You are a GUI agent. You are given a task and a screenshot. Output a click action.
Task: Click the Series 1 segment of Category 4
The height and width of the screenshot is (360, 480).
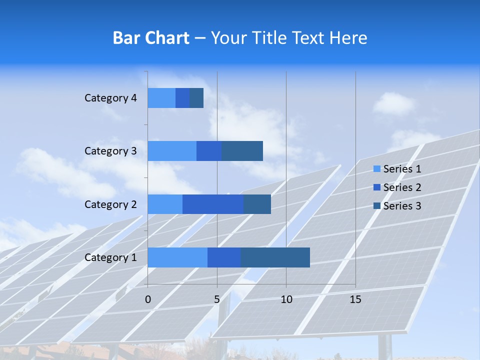[x=161, y=98]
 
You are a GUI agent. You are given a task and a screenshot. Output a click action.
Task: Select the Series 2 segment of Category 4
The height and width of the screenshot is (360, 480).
[x=182, y=98]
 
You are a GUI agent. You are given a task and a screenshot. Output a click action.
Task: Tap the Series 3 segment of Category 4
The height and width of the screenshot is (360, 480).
[x=196, y=98]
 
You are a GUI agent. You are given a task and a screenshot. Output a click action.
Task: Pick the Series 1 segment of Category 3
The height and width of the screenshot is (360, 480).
[x=172, y=151]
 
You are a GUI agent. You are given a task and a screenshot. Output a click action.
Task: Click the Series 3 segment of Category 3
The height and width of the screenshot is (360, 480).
[x=242, y=151]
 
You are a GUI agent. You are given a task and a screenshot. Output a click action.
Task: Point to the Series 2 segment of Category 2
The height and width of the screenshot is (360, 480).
[x=213, y=204]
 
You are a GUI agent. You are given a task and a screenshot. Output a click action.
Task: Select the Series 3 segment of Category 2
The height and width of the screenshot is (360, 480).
[x=257, y=204]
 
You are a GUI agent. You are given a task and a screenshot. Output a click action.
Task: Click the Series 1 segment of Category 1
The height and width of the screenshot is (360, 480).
[x=177, y=257]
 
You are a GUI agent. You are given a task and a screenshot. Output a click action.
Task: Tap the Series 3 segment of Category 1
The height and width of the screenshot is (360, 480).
[x=275, y=257]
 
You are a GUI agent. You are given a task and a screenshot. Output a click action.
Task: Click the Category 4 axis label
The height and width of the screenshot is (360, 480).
[x=110, y=98]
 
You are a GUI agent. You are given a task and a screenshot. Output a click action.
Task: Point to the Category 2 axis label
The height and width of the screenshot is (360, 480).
[x=110, y=204]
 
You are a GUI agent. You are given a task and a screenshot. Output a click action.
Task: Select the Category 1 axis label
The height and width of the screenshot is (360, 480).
[x=110, y=257]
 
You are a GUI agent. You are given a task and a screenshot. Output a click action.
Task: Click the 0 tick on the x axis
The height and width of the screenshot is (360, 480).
[x=147, y=299]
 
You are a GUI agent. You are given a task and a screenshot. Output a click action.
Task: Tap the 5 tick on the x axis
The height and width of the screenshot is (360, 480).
[x=217, y=299]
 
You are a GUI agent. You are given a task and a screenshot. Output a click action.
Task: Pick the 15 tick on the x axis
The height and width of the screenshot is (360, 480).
[x=355, y=299]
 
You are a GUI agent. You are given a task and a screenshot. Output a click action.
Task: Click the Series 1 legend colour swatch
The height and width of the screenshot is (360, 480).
[x=376, y=169]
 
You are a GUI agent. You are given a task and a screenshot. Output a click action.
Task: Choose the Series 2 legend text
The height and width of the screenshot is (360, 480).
[x=402, y=187]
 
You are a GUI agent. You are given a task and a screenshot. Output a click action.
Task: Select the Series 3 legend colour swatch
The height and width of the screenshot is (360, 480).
[x=376, y=206]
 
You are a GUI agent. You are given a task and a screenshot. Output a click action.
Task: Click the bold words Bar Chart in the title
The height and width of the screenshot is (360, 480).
[x=151, y=38]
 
